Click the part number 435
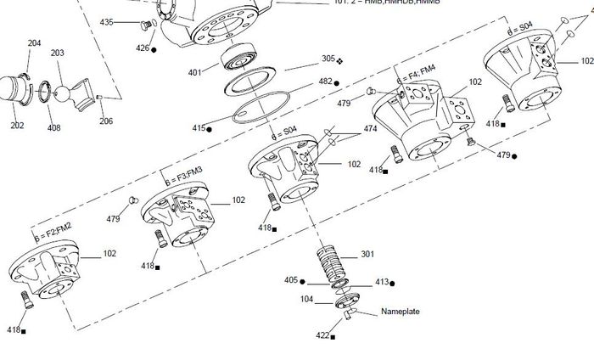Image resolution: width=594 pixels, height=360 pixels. [107, 22]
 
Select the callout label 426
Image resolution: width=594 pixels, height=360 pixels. [143, 48]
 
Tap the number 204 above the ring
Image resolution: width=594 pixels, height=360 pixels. [35, 43]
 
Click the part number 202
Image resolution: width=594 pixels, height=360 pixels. [17, 126]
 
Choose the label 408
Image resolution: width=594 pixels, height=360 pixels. [53, 127]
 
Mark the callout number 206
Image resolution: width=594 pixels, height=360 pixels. [106, 121]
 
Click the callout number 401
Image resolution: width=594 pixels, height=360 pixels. [195, 72]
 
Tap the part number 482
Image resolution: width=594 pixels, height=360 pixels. [325, 82]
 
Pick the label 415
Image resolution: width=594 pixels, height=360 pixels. [199, 128]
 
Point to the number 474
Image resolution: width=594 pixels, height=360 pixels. [371, 128]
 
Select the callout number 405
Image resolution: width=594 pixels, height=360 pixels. [291, 280]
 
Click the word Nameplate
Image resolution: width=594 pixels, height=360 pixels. [400, 312]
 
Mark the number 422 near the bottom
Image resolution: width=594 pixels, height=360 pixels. [322, 336]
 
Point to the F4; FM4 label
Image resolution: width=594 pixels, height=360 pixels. [422, 71]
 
